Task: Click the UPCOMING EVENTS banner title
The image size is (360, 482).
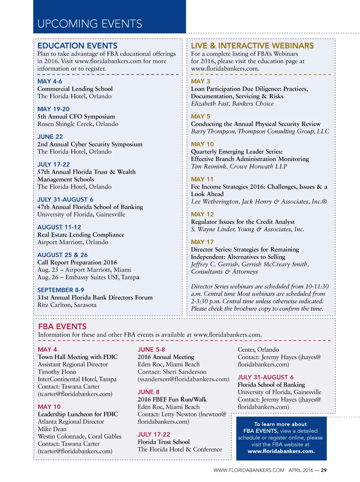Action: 90,24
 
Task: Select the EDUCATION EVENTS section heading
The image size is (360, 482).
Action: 77,46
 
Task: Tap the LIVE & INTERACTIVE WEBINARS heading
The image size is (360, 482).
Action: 252,46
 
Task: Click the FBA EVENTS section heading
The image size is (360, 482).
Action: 62,326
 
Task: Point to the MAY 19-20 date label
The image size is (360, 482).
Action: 53,109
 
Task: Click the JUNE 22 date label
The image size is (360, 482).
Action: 50,137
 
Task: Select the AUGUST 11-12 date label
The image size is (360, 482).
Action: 59,227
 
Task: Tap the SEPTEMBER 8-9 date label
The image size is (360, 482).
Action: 61,290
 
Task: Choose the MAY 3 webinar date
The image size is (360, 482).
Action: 200,81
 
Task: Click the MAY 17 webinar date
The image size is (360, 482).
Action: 202,242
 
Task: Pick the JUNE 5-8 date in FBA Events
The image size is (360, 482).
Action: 151,349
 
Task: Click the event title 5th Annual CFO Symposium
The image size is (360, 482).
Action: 76,116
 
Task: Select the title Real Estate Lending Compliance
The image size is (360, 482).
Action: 81,235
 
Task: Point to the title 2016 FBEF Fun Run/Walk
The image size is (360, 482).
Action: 172,399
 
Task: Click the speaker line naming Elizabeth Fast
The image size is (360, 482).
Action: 232,103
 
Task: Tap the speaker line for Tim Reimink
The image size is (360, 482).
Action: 239,166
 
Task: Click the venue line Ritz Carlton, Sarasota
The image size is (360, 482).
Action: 67,305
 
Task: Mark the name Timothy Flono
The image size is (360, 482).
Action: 57,372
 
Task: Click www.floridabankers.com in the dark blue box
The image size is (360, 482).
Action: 281,451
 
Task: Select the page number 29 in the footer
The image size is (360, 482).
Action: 324,470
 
